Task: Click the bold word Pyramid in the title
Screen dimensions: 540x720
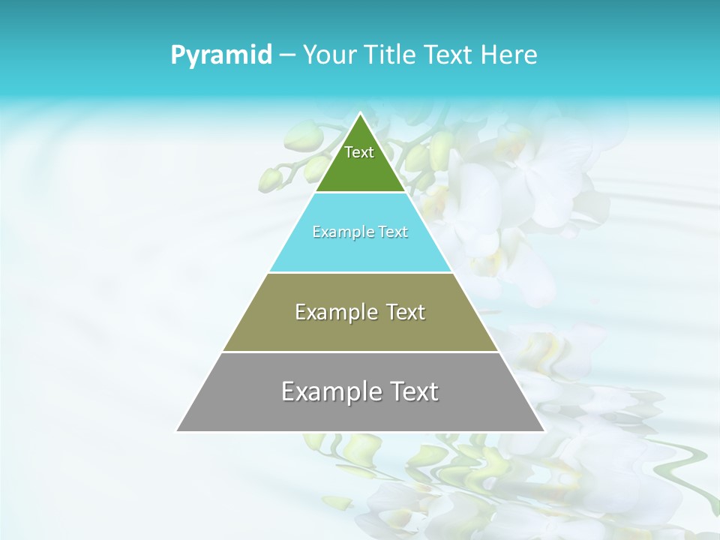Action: tap(221, 55)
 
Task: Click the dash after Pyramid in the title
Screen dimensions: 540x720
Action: tap(287, 55)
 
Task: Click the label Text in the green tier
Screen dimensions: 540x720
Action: tap(359, 152)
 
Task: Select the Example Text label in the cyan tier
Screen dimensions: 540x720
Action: tap(360, 232)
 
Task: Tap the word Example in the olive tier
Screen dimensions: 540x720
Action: tap(330, 312)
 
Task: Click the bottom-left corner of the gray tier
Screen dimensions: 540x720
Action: tap(178, 430)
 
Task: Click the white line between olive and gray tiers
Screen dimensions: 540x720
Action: tap(360, 352)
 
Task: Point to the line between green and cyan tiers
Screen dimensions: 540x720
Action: tap(360, 193)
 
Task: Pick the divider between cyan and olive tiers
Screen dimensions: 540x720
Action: tap(360, 272)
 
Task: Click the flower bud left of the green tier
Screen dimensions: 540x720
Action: tap(271, 178)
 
